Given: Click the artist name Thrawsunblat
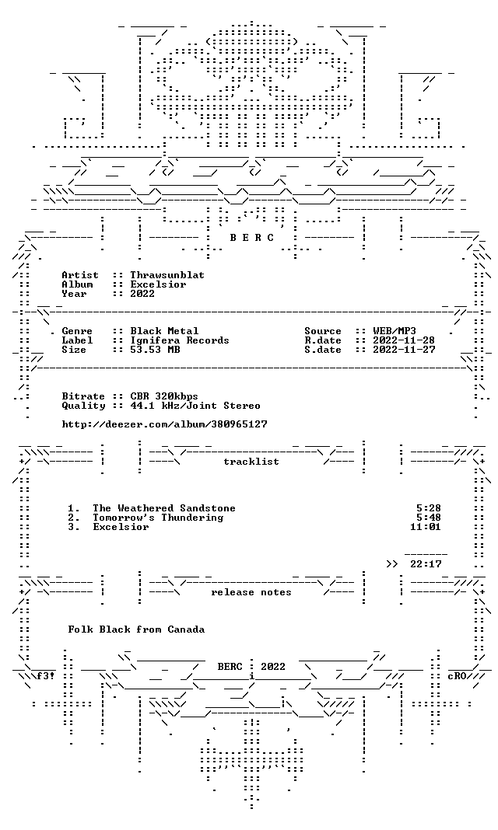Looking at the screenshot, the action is click(x=167, y=275).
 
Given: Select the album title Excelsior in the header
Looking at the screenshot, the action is click(x=158, y=284).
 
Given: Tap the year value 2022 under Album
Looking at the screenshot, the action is click(x=142, y=294).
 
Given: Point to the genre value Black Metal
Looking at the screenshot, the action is click(x=164, y=331).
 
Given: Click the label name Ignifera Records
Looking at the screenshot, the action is click(x=180, y=341).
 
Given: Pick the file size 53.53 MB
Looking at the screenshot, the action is click(x=155, y=350).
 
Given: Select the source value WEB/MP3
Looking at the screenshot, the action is click(x=395, y=331).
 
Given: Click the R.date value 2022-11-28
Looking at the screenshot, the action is click(x=404, y=341).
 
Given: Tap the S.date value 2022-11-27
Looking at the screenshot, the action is click(x=404, y=350).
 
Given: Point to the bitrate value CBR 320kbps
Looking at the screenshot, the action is click(x=164, y=396).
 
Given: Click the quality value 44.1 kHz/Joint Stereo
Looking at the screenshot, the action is click(x=195, y=406).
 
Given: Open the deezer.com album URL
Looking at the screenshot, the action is click(x=164, y=424).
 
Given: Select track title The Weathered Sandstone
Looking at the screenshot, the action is click(x=164, y=509).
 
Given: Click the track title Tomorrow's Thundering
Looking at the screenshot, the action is click(x=158, y=518).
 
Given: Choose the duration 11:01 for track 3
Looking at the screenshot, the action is click(x=426, y=527).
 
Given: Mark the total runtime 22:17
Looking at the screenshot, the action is click(x=426, y=564).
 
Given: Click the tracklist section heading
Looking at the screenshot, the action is click(x=251, y=462).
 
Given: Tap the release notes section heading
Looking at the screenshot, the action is click(x=251, y=592).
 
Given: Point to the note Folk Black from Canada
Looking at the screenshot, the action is click(x=136, y=630).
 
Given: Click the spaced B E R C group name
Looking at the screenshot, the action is click(x=251, y=238).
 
